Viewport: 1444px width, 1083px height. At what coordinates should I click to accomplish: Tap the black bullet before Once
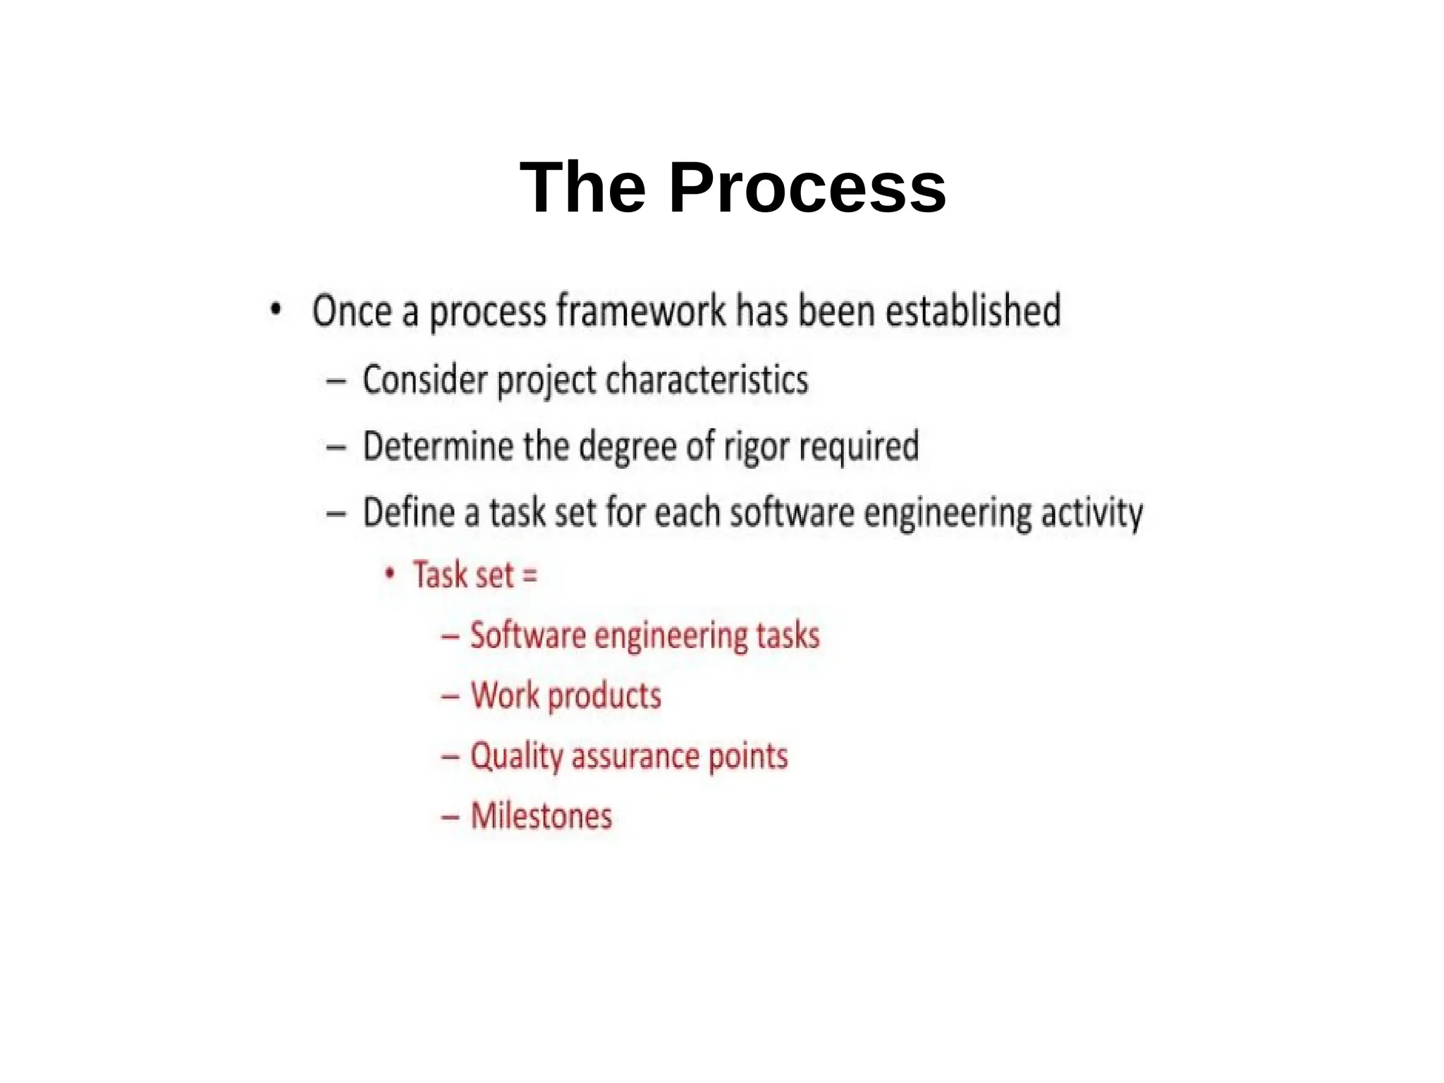tap(276, 309)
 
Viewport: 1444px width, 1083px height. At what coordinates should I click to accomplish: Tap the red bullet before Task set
tap(389, 573)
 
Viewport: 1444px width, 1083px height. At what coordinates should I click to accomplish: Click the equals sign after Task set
tap(530, 575)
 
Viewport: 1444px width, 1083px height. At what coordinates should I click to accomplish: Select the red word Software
tap(527, 635)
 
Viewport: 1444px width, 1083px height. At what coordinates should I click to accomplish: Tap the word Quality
tap(516, 757)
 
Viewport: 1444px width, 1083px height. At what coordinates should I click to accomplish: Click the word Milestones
tap(541, 816)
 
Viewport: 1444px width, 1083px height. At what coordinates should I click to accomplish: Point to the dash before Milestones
tap(451, 817)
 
